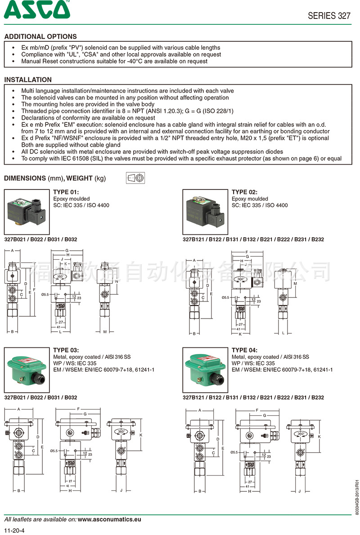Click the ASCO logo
(x=37, y=9)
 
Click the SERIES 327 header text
(x=329, y=16)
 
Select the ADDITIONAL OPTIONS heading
(x=40, y=36)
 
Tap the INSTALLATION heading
(x=28, y=80)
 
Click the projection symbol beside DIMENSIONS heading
(x=135, y=178)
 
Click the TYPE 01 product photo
(x=27, y=209)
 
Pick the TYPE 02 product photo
(x=205, y=209)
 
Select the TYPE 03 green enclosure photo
(x=27, y=370)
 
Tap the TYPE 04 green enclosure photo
(x=205, y=370)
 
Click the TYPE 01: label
(x=66, y=192)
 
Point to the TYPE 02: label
(x=245, y=192)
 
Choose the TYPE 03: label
(x=66, y=350)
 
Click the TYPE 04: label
(x=245, y=350)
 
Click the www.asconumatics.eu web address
(x=109, y=519)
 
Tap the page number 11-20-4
(x=14, y=530)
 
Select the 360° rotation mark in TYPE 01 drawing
(x=58, y=277)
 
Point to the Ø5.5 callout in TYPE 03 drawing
(x=54, y=450)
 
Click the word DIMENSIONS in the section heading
(x=25, y=178)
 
